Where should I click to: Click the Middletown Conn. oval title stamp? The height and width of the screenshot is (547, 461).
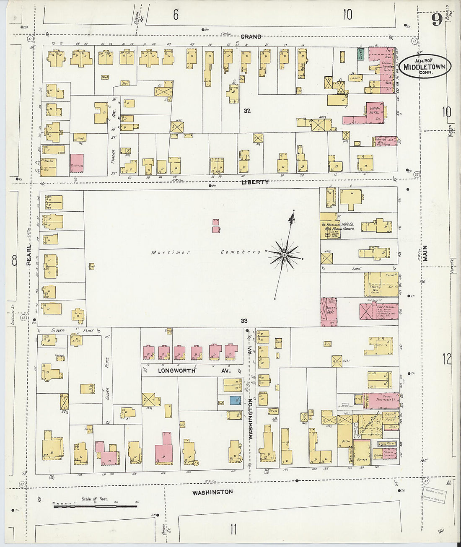coord(425,66)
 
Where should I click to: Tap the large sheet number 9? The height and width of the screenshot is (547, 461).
coord(437,19)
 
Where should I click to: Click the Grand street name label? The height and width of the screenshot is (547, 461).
coord(251,37)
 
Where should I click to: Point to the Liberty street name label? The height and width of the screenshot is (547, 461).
coord(255,182)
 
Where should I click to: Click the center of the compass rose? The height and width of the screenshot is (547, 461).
coord(285,254)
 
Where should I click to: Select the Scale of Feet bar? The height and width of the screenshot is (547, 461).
coord(95,506)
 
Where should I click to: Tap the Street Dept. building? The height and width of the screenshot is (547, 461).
coord(329,311)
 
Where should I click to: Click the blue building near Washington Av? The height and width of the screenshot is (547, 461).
coord(235,400)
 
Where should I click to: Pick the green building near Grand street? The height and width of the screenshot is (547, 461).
coord(360,54)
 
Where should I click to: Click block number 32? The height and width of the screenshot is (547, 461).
coord(247,111)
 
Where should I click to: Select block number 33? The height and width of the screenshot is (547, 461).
coord(244,321)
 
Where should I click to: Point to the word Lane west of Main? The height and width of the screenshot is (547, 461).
coord(357,269)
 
